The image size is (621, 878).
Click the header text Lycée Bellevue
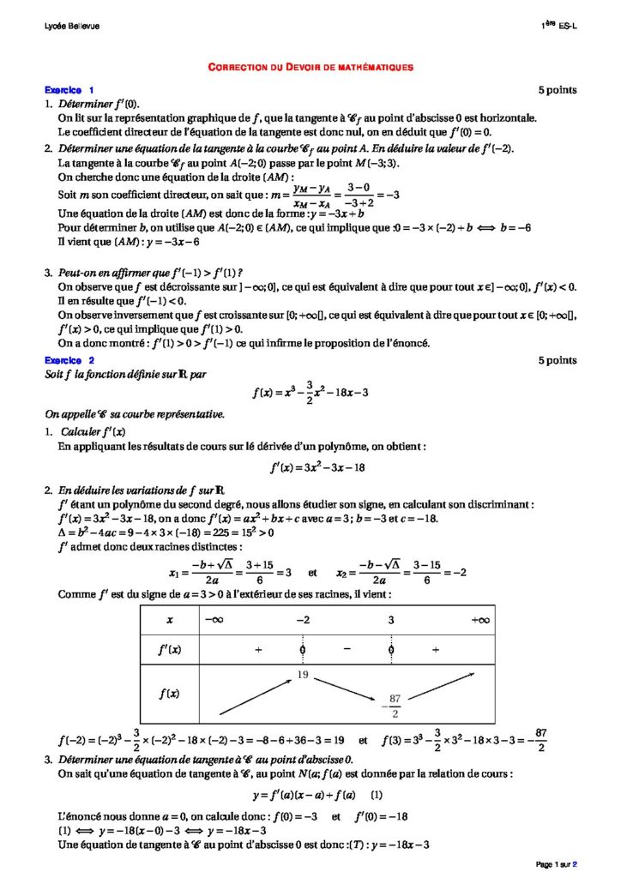pos(71,26)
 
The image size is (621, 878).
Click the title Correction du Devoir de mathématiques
pos(310,65)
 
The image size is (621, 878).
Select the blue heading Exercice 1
pos(69,90)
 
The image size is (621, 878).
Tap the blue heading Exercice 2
pos(69,361)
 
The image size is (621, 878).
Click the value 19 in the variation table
pos(302,676)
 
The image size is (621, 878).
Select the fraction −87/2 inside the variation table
pos(394,706)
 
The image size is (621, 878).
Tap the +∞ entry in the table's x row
pos(480,619)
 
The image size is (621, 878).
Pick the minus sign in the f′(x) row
pos(347,649)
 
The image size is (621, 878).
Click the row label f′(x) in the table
pos(169,649)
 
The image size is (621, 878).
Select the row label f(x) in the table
pos(169,693)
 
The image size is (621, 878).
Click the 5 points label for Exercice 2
pos(558,361)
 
